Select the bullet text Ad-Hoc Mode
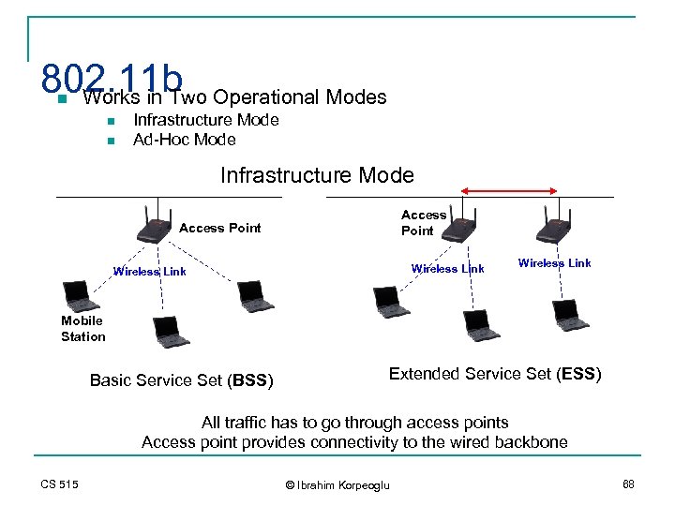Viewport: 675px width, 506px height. coord(184,141)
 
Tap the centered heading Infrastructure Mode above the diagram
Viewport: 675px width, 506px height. coord(317,175)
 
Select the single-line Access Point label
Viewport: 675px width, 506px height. coord(219,228)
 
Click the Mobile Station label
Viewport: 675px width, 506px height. coord(82,329)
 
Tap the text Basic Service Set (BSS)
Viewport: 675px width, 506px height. coord(181,380)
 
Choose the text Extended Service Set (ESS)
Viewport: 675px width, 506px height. coord(495,374)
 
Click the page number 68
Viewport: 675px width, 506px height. coord(627,484)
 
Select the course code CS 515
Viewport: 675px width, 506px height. coord(60,484)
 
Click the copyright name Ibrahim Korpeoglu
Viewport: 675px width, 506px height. coord(343,484)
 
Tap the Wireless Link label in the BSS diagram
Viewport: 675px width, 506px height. coord(149,272)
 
